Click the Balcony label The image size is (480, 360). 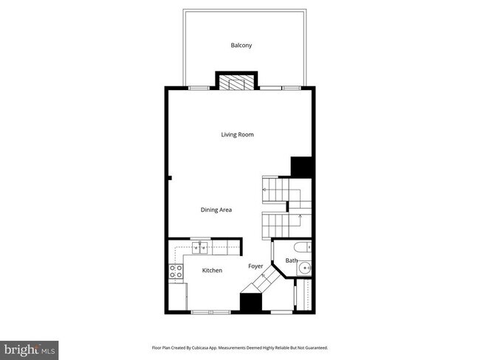[x=241, y=45]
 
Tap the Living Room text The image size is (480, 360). [x=238, y=134]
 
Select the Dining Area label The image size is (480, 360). [x=216, y=210]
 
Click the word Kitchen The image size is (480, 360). [x=212, y=271]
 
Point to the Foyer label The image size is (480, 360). [x=256, y=266]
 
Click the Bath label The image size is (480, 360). [x=291, y=260]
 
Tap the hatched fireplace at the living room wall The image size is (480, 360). [x=236, y=82]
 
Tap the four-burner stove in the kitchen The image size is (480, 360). [x=176, y=271]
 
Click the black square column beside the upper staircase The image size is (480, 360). [x=302, y=167]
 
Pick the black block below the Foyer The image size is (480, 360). [x=250, y=302]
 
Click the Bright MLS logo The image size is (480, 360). [x=30, y=347]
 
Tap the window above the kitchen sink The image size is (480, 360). [x=200, y=238]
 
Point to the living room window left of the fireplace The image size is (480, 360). [x=198, y=88]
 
